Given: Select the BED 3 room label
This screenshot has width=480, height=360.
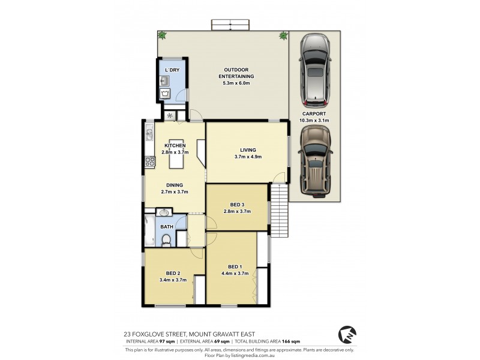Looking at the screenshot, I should (236, 204).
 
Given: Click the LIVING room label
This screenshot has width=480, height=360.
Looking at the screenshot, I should (248, 150).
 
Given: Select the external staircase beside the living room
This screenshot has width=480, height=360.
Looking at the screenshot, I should (278, 211).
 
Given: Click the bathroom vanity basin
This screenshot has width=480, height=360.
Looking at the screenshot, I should (164, 212).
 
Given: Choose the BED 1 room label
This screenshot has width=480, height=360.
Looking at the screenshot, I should (235, 266).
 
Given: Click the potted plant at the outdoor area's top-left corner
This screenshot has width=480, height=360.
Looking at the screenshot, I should (161, 36).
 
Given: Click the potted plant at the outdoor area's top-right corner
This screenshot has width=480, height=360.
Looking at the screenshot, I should (282, 36).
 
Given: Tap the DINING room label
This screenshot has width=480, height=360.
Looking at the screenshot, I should (175, 185).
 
